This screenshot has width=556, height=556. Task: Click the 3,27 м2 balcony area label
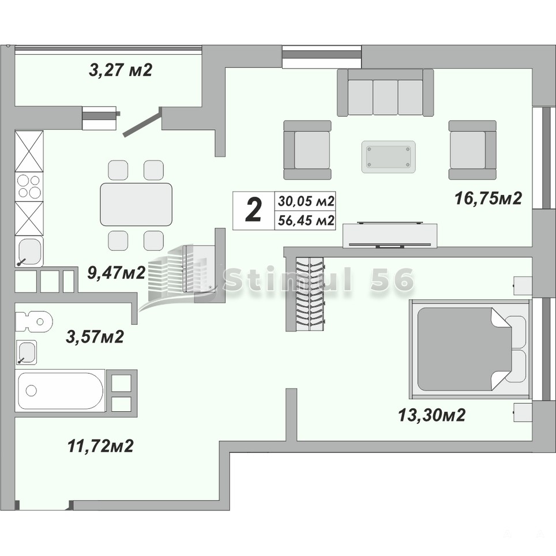[x=121, y=70]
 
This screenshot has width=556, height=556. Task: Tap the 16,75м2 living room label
[x=489, y=198]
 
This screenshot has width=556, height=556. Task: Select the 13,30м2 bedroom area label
[x=431, y=415]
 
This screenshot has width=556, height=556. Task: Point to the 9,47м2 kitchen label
[x=117, y=273]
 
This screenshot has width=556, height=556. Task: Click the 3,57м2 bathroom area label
[x=95, y=336]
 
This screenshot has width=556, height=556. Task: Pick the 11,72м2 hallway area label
[x=100, y=446]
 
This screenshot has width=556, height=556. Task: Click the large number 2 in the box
[x=254, y=211]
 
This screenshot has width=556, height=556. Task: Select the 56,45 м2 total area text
[x=306, y=220]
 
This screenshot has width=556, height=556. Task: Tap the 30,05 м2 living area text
[x=306, y=201]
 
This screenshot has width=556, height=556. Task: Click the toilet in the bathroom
[x=33, y=322]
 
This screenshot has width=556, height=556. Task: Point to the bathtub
[x=61, y=390]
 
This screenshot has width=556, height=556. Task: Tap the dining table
[x=136, y=204]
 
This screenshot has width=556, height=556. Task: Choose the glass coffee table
[x=388, y=157]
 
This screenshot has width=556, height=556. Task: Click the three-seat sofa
[x=385, y=92]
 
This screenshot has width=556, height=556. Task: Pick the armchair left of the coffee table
[x=307, y=149]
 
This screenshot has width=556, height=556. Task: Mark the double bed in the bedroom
[x=469, y=350]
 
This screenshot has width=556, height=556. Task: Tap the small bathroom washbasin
[x=26, y=352]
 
